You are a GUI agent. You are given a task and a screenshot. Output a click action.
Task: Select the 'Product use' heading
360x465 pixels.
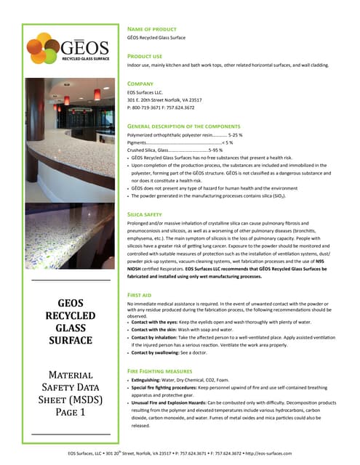point(145,55)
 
